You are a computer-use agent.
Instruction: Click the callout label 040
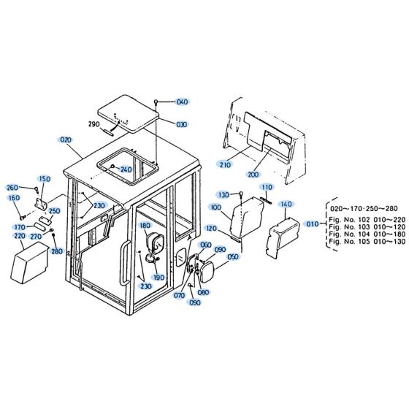click(x=182, y=102)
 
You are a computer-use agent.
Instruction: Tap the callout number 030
click(x=181, y=124)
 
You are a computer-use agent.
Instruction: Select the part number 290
click(x=114, y=125)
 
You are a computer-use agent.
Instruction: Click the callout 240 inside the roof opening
click(x=126, y=169)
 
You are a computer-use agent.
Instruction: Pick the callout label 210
click(x=224, y=165)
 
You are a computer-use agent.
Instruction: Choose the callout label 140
click(x=286, y=204)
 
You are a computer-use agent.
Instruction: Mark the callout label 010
click(x=313, y=224)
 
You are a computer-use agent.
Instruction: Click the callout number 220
click(x=19, y=236)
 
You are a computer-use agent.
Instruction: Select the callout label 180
click(x=145, y=226)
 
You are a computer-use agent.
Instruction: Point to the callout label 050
click(x=232, y=256)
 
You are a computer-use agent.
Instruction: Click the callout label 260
click(x=12, y=187)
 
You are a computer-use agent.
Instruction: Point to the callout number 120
click(x=212, y=229)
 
